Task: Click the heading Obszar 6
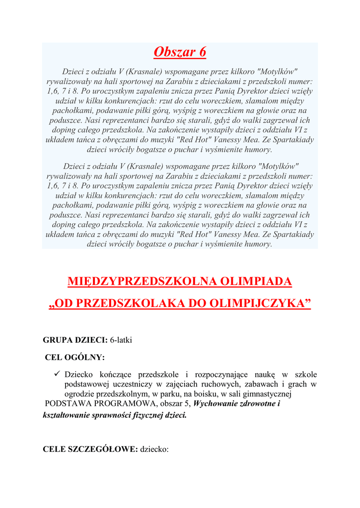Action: (x=180, y=52)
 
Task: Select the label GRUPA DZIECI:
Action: (x=75, y=340)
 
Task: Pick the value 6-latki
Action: (x=121, y=340)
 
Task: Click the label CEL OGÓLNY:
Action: (x=75, y=357)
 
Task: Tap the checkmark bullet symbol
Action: (x=58, y=374)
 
